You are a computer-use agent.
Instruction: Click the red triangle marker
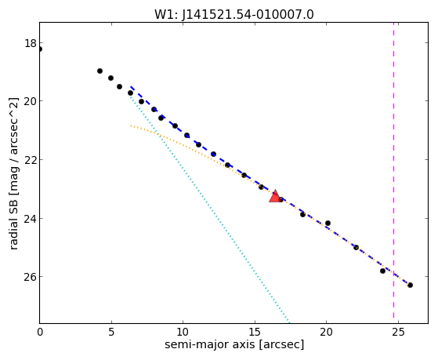pyautogui.click(x=275, y=196)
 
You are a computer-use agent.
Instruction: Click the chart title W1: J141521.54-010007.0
pyautogui.click(x=234, y=15)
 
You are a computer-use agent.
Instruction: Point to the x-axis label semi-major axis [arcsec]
pyautogui.click(x=234, y=344)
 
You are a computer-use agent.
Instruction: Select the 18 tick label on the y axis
pyautogui.click(x=31, y=44)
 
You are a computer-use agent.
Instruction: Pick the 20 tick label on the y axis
pyautogui.click(x=31, y=101)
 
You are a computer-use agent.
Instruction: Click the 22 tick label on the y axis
pyautogui.click(x=31, y=160)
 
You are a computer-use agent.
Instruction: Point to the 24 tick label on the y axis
pyautogui.click(x=31, y=219)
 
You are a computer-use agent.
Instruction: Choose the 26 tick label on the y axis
pyautogui.click(x=31, y=277)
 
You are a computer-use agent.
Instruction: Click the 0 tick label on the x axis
pyautogui.click(x=40, y=333)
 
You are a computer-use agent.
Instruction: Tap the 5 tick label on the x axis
pyautogui.click(x=111, y=333)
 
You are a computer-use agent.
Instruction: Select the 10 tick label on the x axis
pyautogui.click(x=183, y=333)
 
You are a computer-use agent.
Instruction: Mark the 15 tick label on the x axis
pyautogui.click(x=255, y=333)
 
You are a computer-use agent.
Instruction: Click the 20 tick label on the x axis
pyautogui.click(x=326, y=333)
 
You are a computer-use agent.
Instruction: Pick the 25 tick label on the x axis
pyautogui.click(x=398, y=333)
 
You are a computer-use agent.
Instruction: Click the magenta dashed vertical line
pyautogui.click(x=393, y=173)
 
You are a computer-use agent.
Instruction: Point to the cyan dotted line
pyautogui.click(x=209, y=209)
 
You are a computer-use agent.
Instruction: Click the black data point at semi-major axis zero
pyautogui.click(x=40, y=49)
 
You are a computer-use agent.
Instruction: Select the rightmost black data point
pyautogui.click(x=410, y=285)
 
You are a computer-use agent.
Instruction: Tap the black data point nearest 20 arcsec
pyautogui.click(x=328, y=223)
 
